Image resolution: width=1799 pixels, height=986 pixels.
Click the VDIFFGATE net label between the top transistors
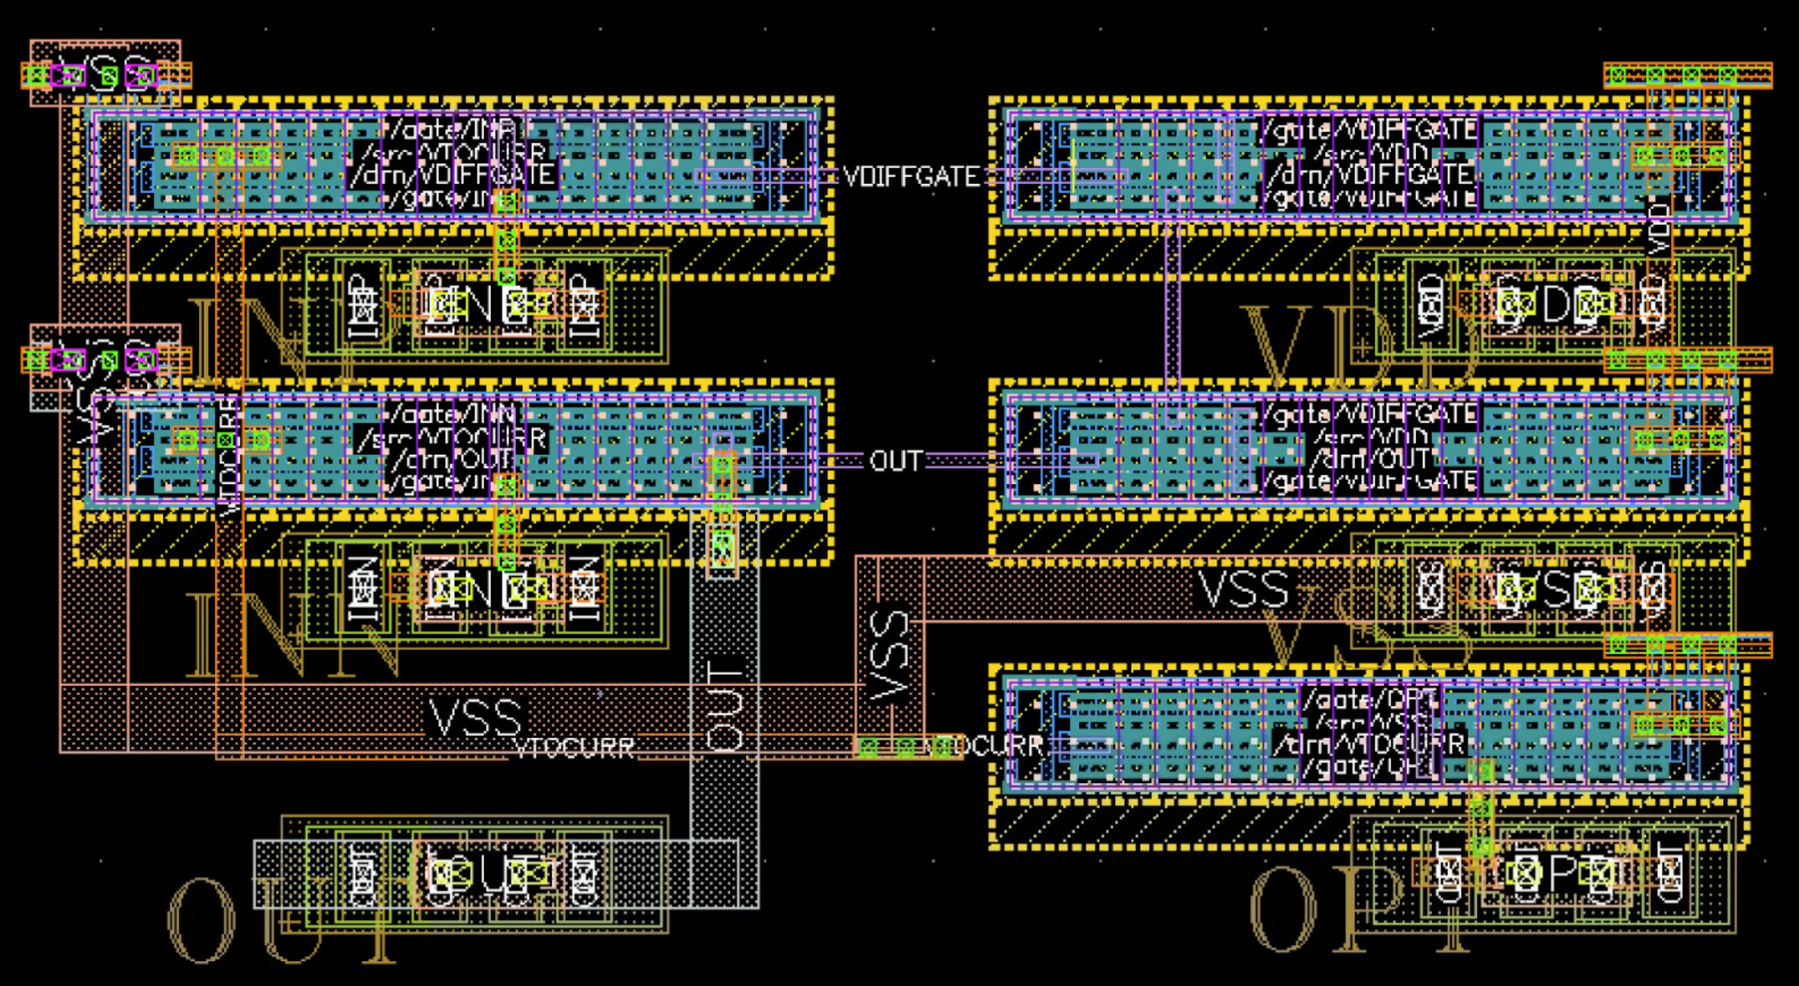click(912, 177)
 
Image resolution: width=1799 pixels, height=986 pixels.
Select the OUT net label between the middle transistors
click(896, 461)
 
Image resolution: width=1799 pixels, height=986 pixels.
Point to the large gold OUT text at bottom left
click(282, 922)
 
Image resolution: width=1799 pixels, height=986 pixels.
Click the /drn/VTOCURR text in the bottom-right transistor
click(1369, 744)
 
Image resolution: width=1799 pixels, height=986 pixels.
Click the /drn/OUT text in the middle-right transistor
click(1369, 460)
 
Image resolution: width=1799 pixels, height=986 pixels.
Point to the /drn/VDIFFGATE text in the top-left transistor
click(452, 175)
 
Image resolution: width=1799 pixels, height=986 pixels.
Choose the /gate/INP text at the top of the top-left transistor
click(452, 129)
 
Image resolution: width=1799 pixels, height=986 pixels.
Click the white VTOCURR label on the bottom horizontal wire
click(575, 749)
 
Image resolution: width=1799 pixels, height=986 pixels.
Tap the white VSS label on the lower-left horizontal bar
click(476, 717)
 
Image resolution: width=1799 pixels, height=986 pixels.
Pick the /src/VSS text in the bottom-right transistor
click(1369, 721)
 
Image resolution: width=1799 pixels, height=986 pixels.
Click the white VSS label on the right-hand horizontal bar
click(1243, 589)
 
